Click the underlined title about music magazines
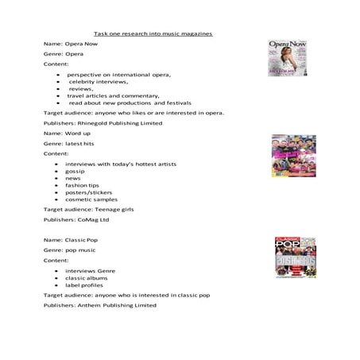click(x=153, y=33)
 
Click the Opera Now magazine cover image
click(x=285, y=58)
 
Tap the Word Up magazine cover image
click(x=292, y=156)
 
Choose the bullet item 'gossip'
click(x=75, y=171)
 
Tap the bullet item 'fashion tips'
click(x=83, y=185)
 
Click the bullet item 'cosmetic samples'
click(x=91, y=199)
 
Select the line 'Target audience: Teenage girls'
click(x=88, y=209)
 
